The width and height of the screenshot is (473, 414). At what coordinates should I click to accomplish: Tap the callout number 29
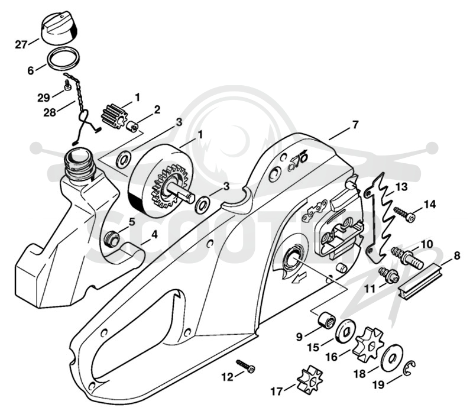pyautogui.click(x=44, y=98)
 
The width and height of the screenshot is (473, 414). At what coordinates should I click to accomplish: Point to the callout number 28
pyautogui.click(x=50, y=112)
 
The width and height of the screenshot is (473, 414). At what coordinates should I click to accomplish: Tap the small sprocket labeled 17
pyautogui.click(x=309, y=379)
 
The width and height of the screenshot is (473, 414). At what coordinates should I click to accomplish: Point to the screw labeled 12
pyautogui.click(x=245, y=365)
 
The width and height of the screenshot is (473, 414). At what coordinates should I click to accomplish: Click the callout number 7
pyautogui.click(x=355, y=125)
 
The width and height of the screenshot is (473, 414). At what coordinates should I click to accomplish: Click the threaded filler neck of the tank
pyautogui.click(x=81, y=162)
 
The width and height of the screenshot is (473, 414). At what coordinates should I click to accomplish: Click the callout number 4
pyautogui.click(x=154, y=234)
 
